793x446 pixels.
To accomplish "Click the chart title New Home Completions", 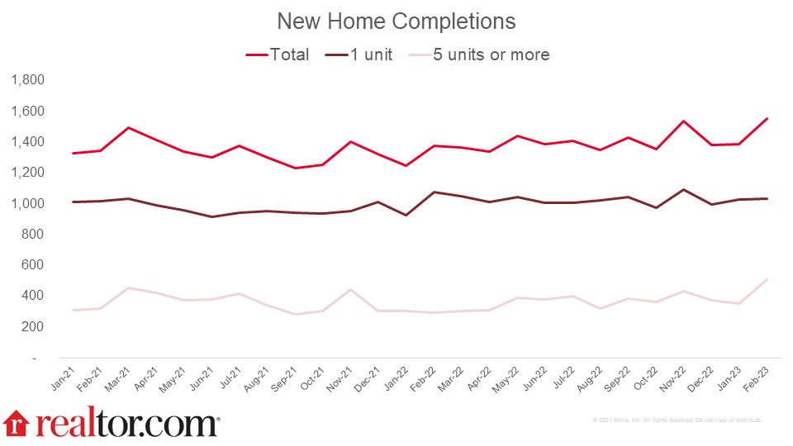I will click(x=396, y=21).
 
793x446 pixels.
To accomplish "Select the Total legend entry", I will click(x=278, y=55).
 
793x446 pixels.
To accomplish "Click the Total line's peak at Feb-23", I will click(x=767, y=118).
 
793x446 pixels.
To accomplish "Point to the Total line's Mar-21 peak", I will click(x=129, y=127).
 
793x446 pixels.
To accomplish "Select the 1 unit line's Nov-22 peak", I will click(x=682, y=189).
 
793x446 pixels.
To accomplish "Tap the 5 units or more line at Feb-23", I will click(x=767, y=279).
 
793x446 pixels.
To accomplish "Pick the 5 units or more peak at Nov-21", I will click(x=352, y=289).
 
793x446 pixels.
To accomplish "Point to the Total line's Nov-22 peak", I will click(x=682, y=121).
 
